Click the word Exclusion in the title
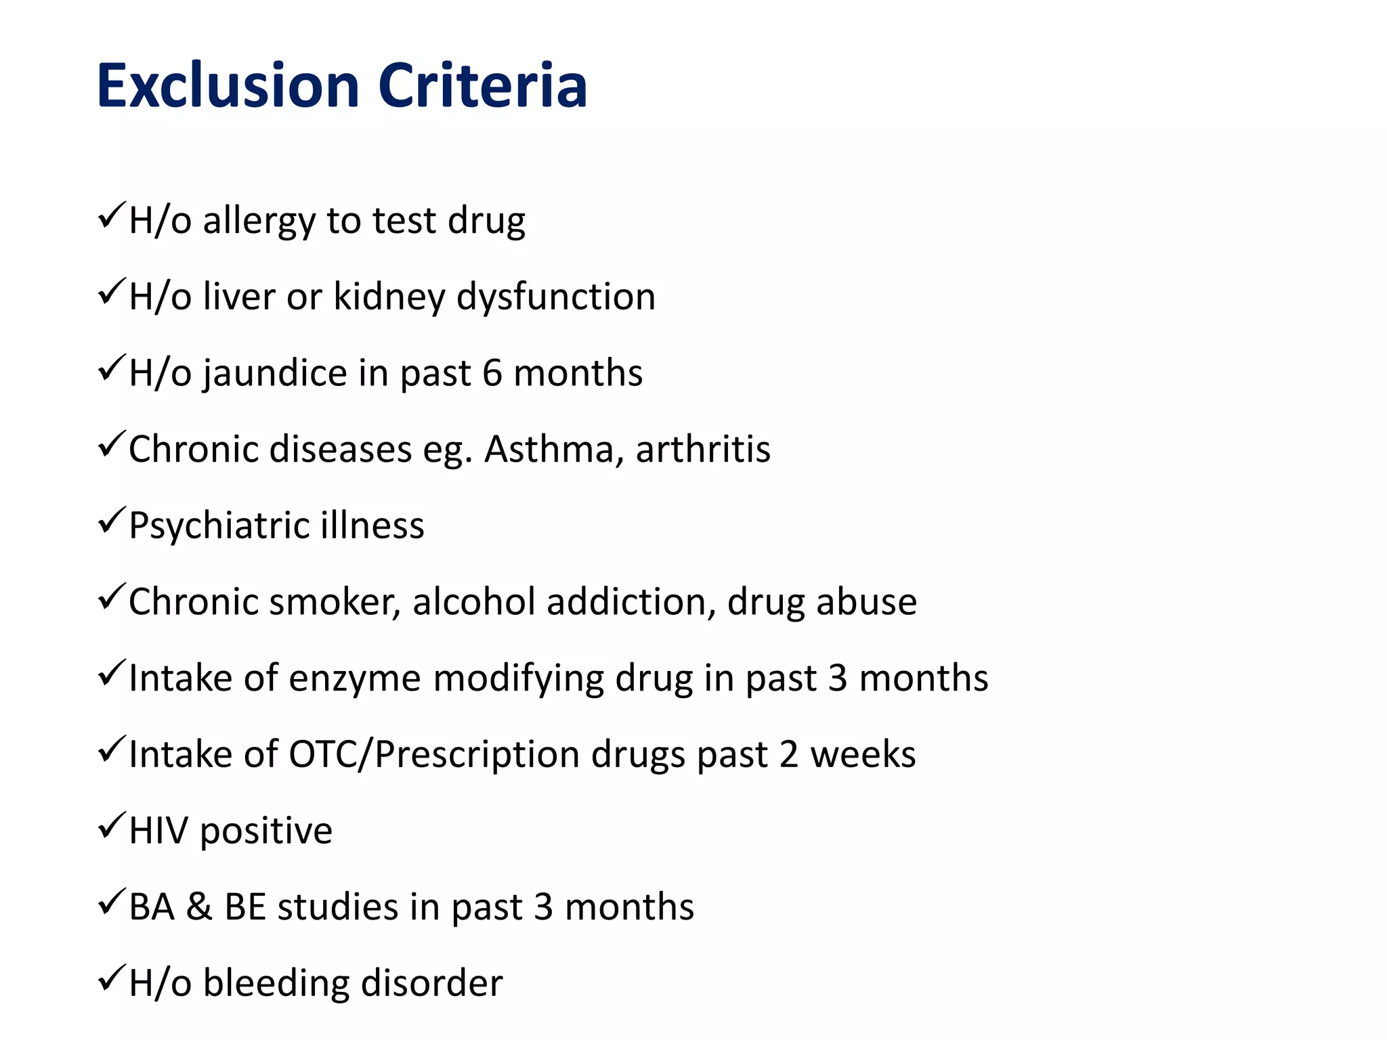pyautogui.click(x=228, y=86)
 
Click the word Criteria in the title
pyautogui.click(x=482, y=86)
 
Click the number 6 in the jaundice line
pyautogui.click(x=492, y=373)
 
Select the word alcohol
pyautogui.click(x=473, y=601)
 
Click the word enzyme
pyautogui.click(x=354, y=679)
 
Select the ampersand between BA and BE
pyautogui.click(x=199, y=907)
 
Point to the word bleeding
pyautogui.click(x=276, y=983)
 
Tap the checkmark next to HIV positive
pyautogui.click(x=110, y=825)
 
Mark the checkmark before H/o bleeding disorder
pyautogui.click(x=110, y=978)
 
